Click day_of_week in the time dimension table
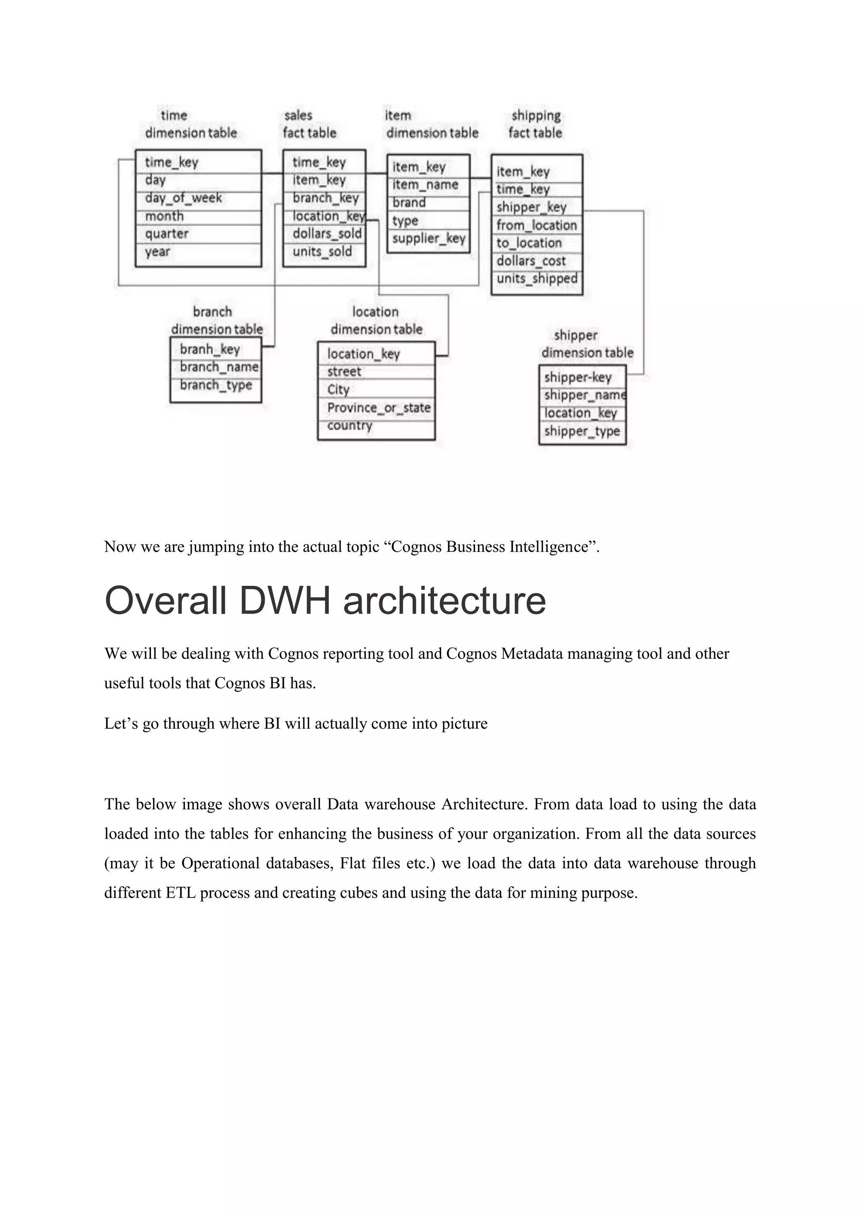(x=183, y=198)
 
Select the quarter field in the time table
(x=166, y=234)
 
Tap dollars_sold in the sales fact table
(x=327, y=234)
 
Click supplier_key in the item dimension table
(x=428, y=239)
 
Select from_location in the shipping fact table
(x=536, y=225)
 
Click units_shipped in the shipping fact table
(x=536, y=279)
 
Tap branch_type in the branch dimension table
(x=216, y=385)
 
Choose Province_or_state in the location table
(x=378, y=408)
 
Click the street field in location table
(x=344, y=371)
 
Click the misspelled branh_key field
(x=210, y=349)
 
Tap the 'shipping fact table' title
(x=536, y=124)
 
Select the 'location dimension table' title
(x=376, y=321)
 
